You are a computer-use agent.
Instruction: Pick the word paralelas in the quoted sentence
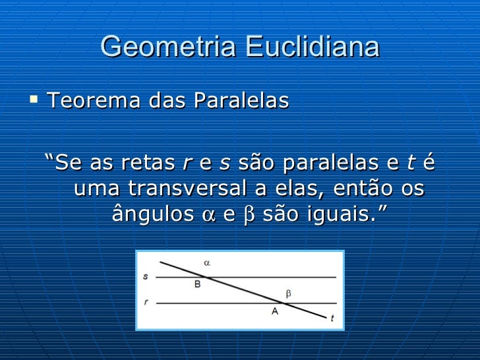coord(316,162)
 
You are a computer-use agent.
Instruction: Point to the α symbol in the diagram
coord(206,262)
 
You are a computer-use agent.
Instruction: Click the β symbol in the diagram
coord(288,292)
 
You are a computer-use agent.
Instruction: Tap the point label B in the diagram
coord(197,285)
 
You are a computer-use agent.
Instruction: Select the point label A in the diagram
coord(275,311)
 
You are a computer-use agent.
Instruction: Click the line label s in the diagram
coord(146,276)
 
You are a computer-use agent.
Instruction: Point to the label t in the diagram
coord(332,318)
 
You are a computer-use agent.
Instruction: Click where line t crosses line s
coord(209,278)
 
